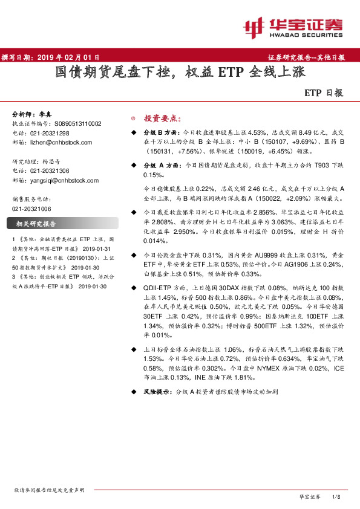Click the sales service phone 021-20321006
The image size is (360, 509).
pos(32,208)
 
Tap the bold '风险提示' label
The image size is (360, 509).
pos(157,392)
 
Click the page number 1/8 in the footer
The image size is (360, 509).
pos(338,496)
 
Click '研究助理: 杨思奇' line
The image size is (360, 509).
pos(37,161)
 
